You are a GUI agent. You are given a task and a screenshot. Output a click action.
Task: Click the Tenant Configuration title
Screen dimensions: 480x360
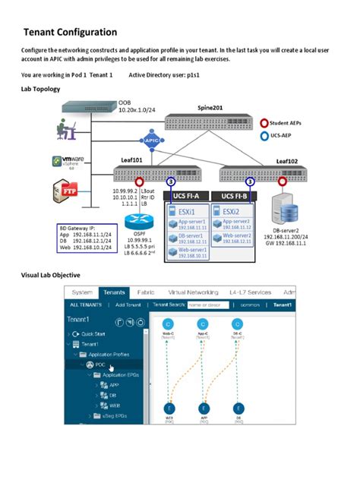(x=70, y=32)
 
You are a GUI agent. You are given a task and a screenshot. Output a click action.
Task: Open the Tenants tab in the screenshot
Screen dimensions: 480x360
(x=115, y=292)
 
